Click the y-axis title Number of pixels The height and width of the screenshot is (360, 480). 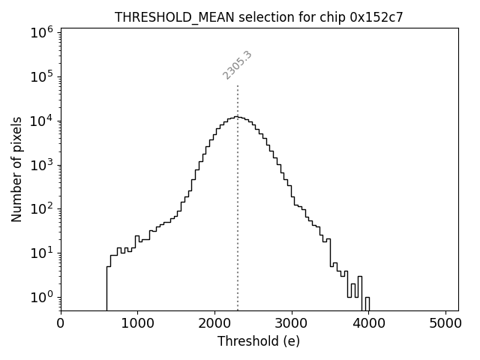pyautogui.click(x=17, y=169)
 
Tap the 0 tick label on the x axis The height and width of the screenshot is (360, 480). pyautogui.click(x=61, y=323)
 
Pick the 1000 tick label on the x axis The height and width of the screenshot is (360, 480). pyautogui.click(x=137, y=323)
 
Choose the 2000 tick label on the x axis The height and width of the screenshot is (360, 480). pyautogui.click(x=214, y=323)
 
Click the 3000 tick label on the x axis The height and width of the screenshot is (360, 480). pyautogui.click(x=292, y=323)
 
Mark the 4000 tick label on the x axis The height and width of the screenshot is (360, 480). pyautogui.click(x=368, y=323)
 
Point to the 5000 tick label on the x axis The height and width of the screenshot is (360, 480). pyautogui.click(x=445, y=323)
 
